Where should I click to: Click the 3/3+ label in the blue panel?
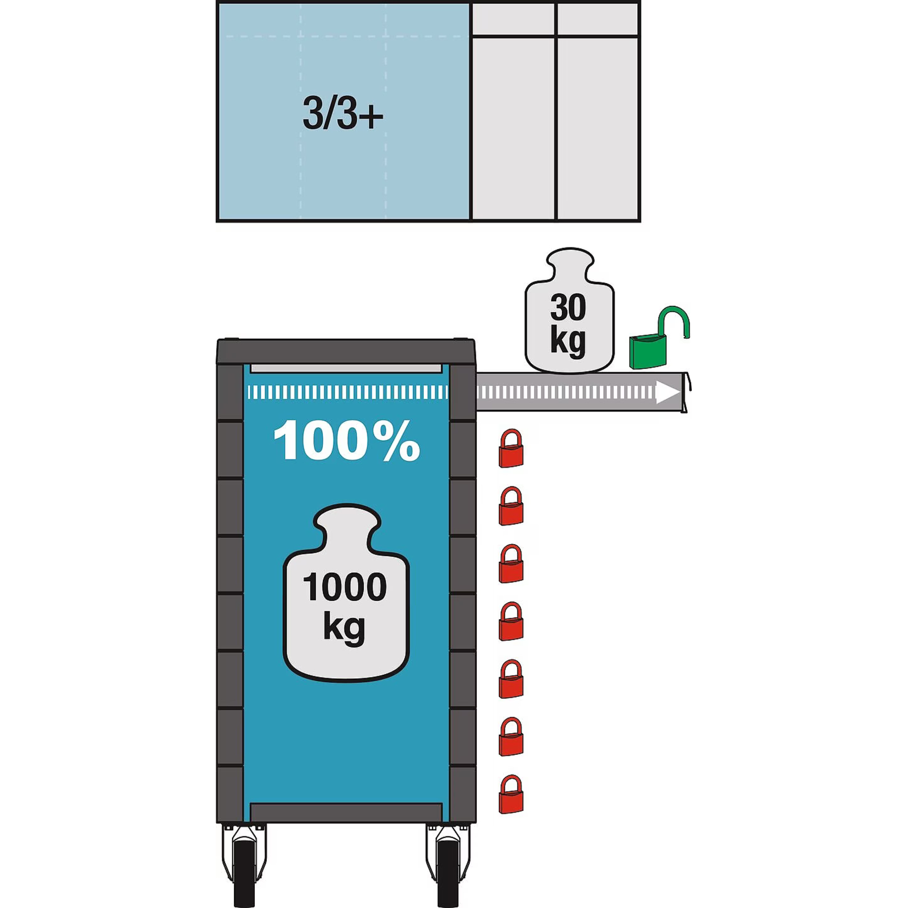tap(343, 113)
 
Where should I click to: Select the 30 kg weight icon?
tap(569, 310)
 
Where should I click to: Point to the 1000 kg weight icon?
tap(346, 592)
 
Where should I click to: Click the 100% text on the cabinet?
tap(347, 441)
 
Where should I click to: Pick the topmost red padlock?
tap(511, 448)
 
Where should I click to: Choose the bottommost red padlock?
tap(511, 794)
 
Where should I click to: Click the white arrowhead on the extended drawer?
tap(668, 392)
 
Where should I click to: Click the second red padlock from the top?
tap(511, 506)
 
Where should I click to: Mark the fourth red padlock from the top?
tap(511, 621)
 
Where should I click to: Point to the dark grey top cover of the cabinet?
tap(346, 351)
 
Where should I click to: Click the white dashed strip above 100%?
tap(347, 392)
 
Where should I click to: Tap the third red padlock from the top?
tap(511, 564)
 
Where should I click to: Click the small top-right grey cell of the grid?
tap(598, 20)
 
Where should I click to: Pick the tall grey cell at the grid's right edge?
tap(598, 128)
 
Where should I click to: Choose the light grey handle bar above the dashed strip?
tap(346, 369)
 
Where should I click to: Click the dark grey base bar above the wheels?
tap(346, 812)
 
